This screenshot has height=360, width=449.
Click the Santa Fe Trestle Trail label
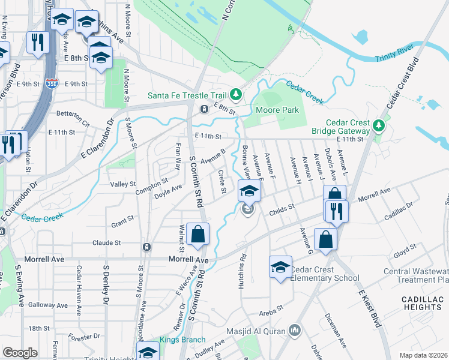pyautogui.click(x=187, y=95)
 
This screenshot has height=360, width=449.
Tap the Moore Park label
pyautogui.click(x=277, y=110)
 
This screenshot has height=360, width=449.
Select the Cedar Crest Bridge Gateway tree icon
pyautogui.click(x=378, y=125)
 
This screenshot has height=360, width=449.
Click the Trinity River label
pyautogui.click(x=394, y=58)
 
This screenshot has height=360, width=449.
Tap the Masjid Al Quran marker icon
pyautogui.click(x=295, y=331)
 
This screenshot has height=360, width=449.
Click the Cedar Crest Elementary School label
pyautogui.click(x=325, y=274)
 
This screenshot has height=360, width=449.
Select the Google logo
pyautogui.click(x=20, y=353)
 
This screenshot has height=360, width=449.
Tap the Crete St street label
pyautogui.click(x=222, y=182)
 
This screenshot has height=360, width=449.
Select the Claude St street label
pyautogui.click(x=107, y=243)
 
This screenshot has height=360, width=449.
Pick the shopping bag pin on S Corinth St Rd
pyautogui.click(x=197, y=234)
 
